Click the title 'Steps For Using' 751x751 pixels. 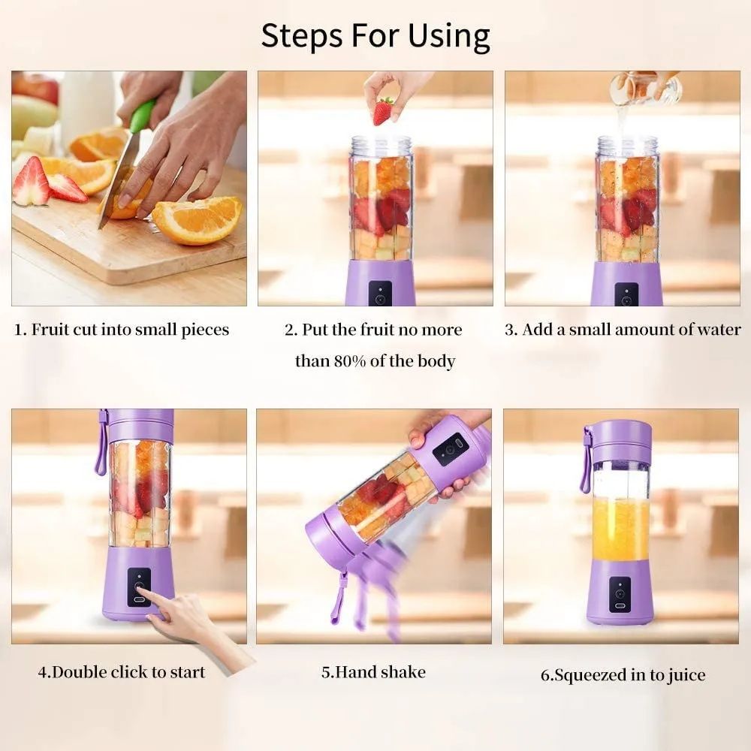(x=375, y=36)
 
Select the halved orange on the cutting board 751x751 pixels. (x=198, y=219)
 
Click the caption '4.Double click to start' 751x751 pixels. (x=122, y=671)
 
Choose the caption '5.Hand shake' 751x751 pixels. (x=373, y=671)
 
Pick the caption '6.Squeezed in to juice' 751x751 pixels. (x=623, y=674)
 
